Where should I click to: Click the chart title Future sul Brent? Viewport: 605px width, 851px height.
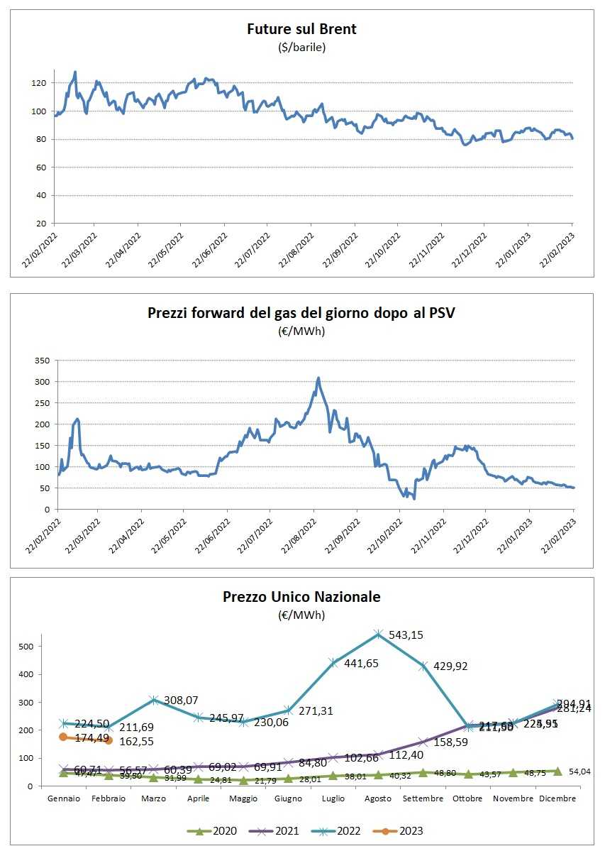pos(301,29)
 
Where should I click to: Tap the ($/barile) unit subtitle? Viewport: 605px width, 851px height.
pos(301,48)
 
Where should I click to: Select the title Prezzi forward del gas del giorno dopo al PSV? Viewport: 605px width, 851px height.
pos(301,312)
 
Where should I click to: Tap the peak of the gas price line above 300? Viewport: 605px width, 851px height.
pos(318,378)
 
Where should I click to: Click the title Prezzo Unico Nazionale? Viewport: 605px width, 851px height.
pos(301,597)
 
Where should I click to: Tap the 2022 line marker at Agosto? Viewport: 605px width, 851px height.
pos(379,634)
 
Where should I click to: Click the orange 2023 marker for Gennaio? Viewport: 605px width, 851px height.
pos(63,737)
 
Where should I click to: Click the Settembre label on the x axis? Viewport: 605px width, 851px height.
pos(423,798)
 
